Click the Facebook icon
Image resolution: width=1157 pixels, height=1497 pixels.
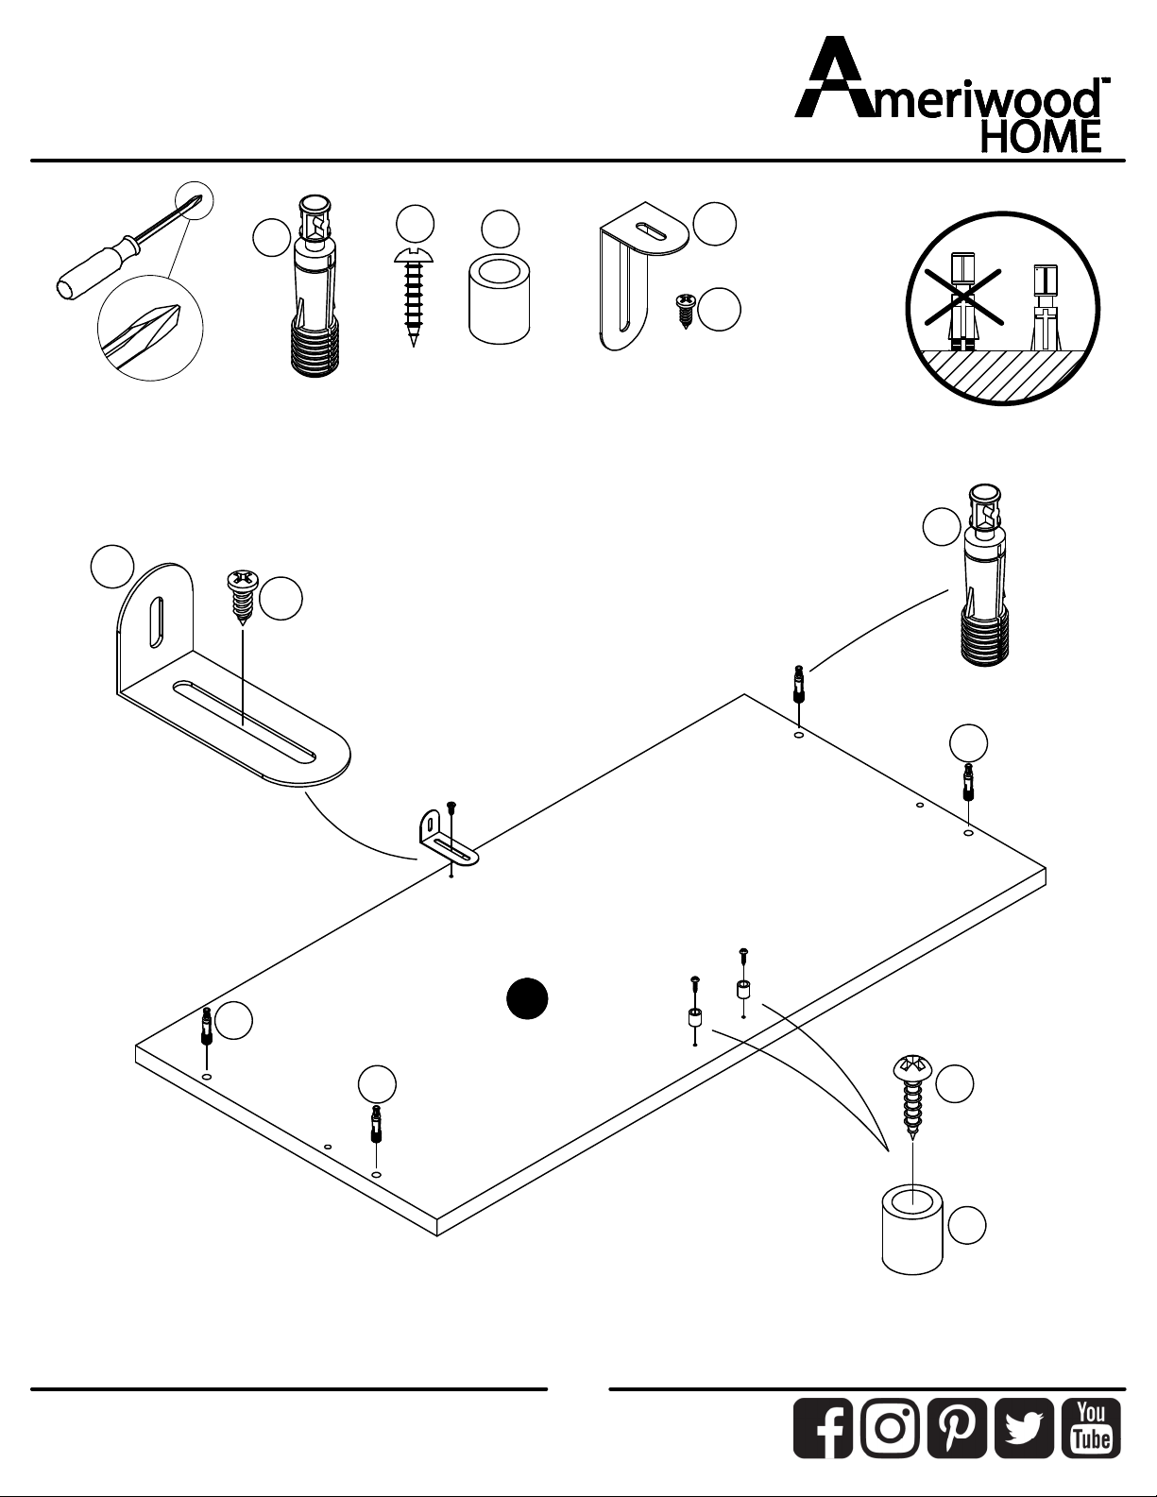[x=823, y=1428]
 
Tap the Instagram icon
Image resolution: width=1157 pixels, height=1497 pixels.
[x=890, y=1428]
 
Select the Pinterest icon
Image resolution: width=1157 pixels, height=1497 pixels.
[x=957, y=1428]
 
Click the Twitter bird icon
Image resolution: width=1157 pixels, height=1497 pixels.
[x=1024, y=1428]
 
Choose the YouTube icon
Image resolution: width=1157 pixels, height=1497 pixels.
[x=1091, y=1428]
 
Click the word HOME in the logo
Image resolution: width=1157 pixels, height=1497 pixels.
[x=1040, y=136]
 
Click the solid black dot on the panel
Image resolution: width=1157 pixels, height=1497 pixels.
[x=527, y=998]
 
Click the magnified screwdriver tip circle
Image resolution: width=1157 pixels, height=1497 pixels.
[x=151, y=328]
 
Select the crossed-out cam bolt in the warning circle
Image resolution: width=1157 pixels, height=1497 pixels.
[x=963, y=300]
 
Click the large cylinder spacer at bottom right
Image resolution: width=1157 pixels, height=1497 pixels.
[x=912, y=1230]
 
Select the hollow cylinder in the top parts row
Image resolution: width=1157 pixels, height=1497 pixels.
[x=500, y=300]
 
